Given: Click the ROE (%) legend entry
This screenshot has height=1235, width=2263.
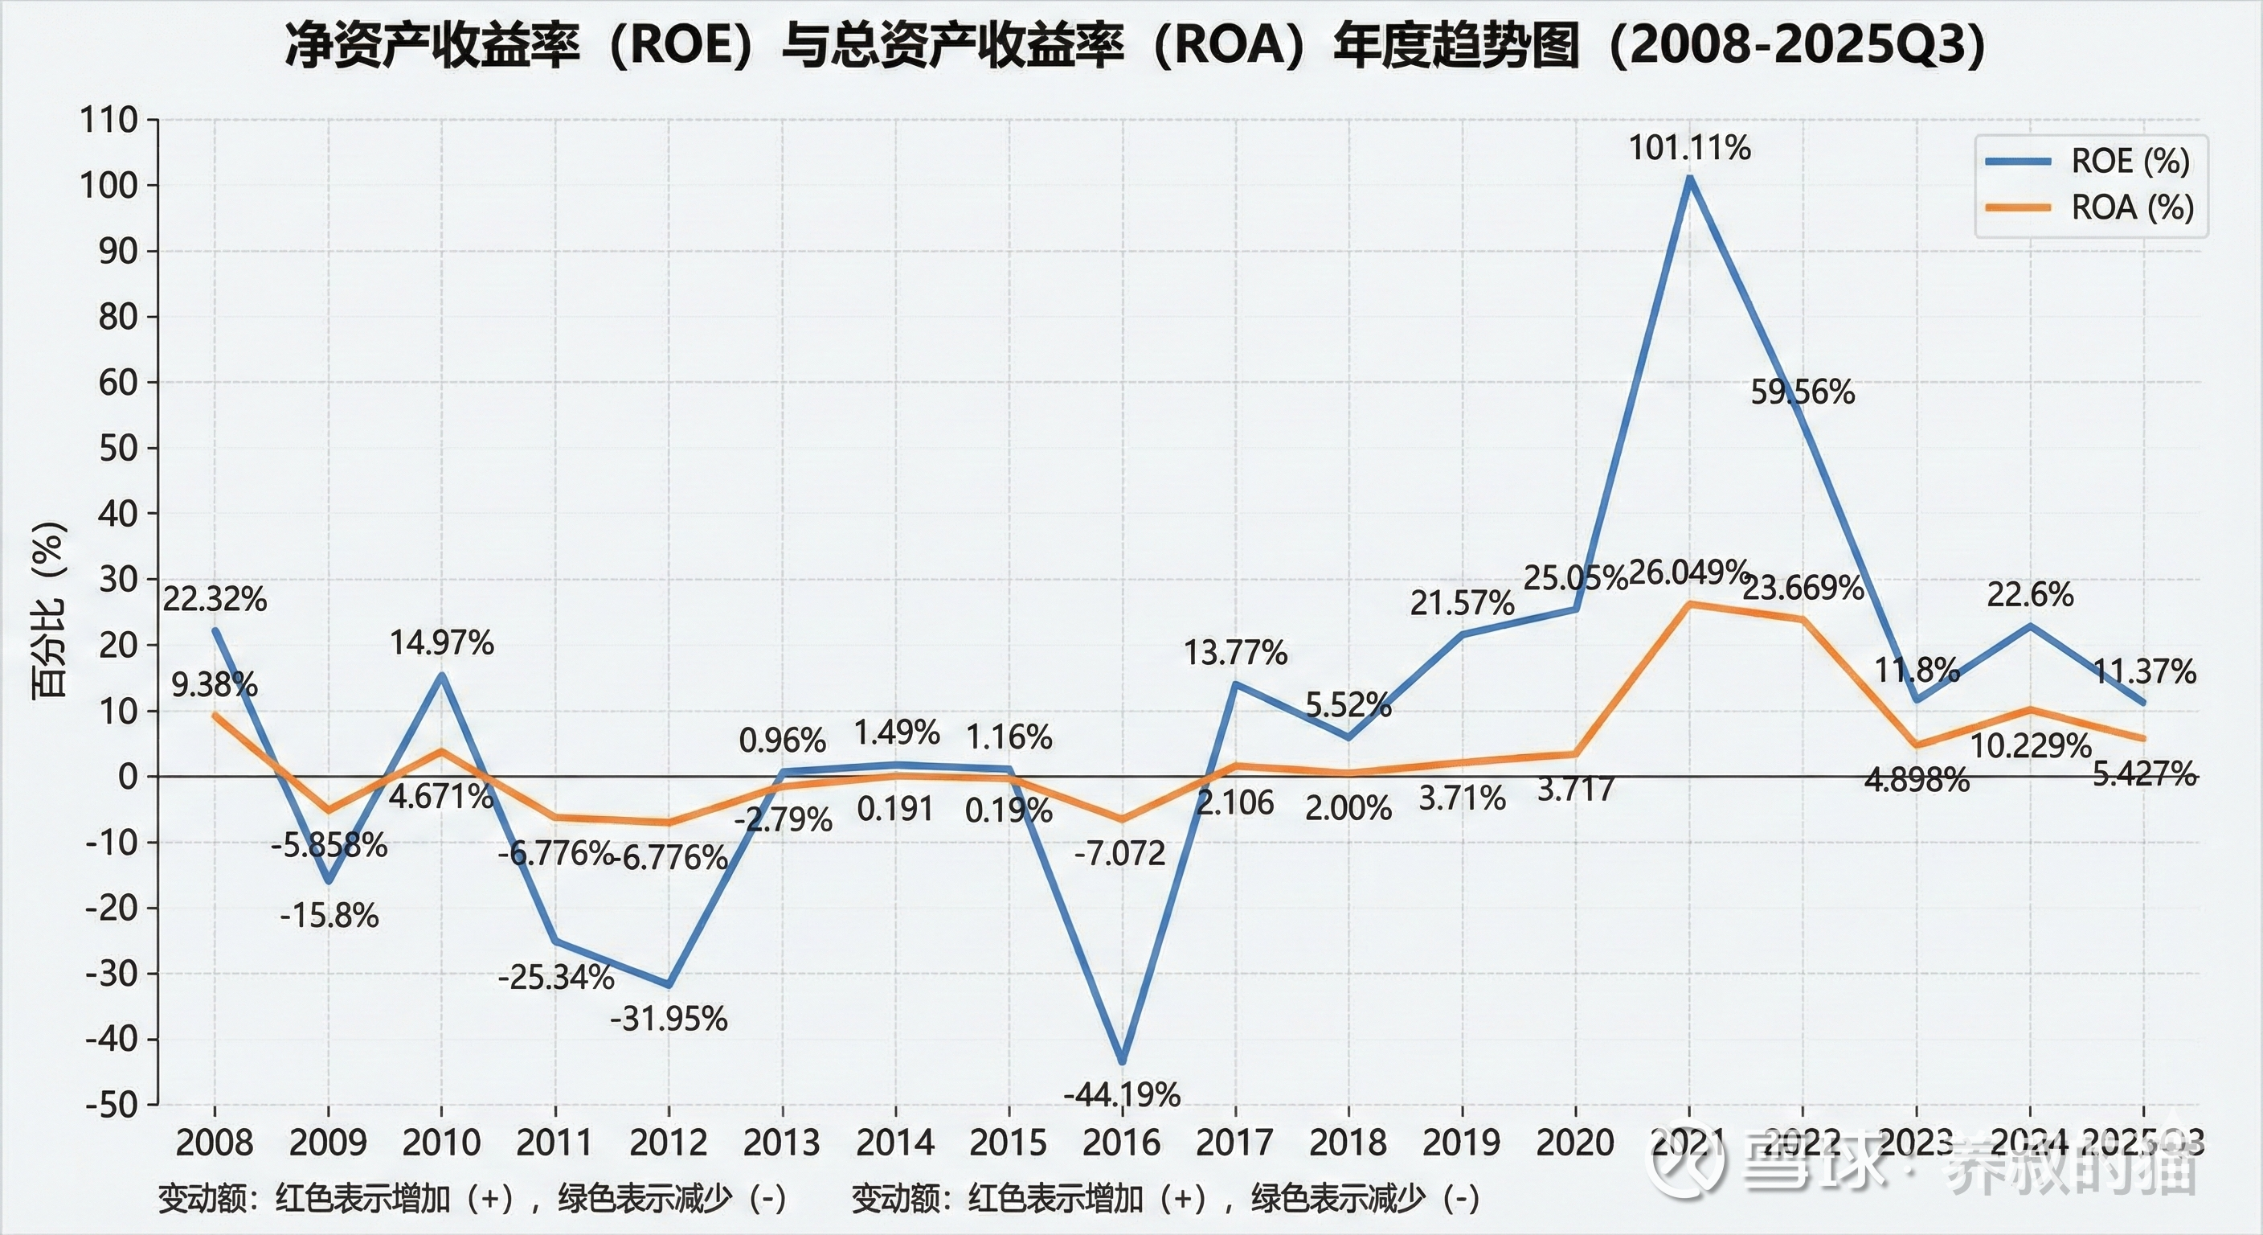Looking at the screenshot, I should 2130,161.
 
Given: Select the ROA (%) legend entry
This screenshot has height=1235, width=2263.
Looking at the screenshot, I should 2132,207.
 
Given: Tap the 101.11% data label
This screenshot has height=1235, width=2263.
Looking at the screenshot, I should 1689,148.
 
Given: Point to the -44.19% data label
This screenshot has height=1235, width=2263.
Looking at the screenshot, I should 1122,1094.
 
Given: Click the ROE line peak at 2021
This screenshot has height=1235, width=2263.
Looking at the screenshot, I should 1689,179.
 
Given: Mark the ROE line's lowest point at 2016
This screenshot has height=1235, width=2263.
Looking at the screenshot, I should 1123,1062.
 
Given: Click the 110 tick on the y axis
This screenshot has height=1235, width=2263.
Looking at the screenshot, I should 110,120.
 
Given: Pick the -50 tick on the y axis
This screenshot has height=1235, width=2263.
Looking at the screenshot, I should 112,1104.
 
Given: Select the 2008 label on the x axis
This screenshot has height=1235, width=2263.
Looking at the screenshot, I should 215,1143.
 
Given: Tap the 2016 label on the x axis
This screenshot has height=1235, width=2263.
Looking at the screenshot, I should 1122,1143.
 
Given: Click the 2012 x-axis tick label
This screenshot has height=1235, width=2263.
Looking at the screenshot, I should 669,1143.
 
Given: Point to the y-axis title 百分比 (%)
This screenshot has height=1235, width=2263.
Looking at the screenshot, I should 49,610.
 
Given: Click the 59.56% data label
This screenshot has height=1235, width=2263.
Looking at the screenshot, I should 1803,392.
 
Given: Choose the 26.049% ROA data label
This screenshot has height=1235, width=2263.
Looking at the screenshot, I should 1689,572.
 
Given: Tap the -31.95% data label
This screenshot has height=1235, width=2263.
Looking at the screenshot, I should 669,1019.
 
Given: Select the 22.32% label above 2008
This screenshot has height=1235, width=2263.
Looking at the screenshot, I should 215,600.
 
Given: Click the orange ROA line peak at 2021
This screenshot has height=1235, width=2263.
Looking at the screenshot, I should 1689,604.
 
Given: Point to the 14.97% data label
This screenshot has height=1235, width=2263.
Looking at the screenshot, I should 442,642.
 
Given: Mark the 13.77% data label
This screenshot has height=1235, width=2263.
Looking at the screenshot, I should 1235,653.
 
